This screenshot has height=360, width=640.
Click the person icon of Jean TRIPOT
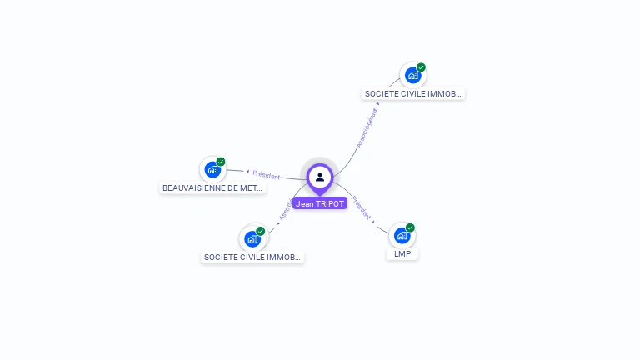pyautogui.click(x=320, y=177)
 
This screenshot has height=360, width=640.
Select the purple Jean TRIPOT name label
pyautogui.click(x=320, y=203)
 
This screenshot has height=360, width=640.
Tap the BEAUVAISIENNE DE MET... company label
pyautogui.click(x=212, y=188)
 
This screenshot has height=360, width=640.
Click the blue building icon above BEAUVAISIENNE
pyautogui.click(x=213, y=170)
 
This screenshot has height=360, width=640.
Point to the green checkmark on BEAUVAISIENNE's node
pyautogui.click(x=221, y=162)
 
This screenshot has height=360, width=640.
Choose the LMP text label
pyautogui.click(x=402, y=253)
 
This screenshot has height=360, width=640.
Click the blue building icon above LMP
pyautogui.click(x=402, y=236)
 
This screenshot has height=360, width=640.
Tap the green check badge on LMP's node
pyautogui.click(x=410, y=227)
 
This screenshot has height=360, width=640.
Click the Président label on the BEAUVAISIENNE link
pyautogui.click(x=267, y=175)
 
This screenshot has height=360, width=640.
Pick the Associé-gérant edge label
pyautogui.click(x=367, y=127)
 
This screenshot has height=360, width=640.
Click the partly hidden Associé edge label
pyautogui.click(x=286, y=210)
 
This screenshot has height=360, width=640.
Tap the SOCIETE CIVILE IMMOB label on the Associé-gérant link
pyautogui.click(x=413, y=94)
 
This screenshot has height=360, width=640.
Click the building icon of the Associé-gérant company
pyautogui.click(x=412, y=76)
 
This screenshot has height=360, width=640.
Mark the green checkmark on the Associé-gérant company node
pyautogui.click(x=421, y=67)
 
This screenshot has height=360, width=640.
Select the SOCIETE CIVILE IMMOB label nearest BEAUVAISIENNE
pyautogui.click(x=252, y=257)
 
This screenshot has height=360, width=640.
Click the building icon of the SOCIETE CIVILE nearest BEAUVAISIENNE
pyautogui.click(x=252, y=239)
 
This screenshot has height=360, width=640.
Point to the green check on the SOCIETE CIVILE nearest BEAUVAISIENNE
pyautogui.click(x=261, y=231)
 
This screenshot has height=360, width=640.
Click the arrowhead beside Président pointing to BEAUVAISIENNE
pyautogui.click(x=248, y=172)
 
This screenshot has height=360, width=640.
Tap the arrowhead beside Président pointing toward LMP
pyautogui.click(x=373, y=222)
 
